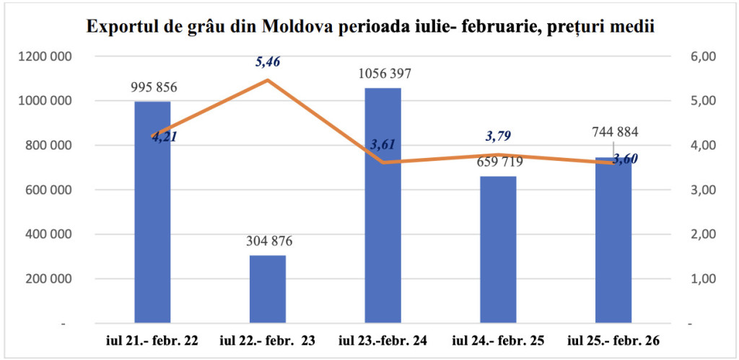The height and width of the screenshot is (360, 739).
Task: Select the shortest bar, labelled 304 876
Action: pyautogui.click(x=268, y=289)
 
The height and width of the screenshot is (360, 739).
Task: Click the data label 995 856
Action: pyautogui.click(x=154, y=88)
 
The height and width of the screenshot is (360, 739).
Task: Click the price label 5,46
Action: pyautogui.click(x=268, y=62)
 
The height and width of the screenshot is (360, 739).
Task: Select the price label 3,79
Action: pyautogui.click(x=498, y=136)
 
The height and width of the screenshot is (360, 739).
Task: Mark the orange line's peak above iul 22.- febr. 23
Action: pyautogui.click(x=268, y=79)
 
